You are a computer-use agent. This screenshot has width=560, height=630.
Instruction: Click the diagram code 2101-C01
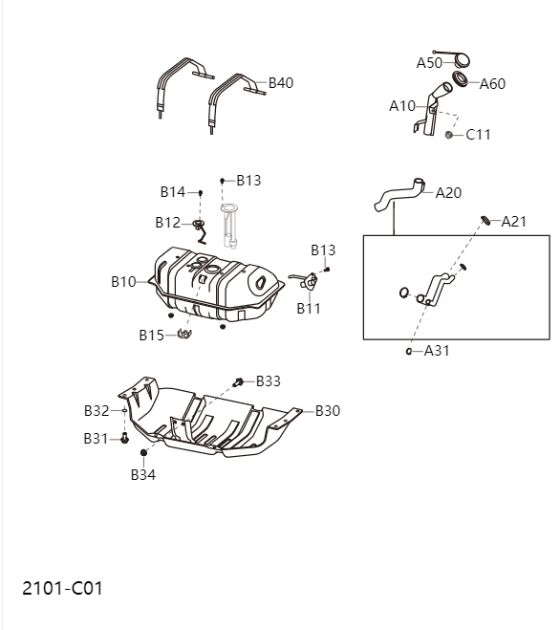[x=62, y=587]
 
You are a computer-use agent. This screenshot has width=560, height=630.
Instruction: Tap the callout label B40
[x=280, y=83]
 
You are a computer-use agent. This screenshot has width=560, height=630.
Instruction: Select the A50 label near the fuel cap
[x=429, y=62]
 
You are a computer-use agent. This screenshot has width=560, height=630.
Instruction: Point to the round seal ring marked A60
[x=461, y=78]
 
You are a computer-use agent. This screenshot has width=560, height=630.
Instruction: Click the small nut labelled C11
[x=448, y=134]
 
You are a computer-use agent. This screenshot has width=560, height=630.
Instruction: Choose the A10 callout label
[x=402, y=106]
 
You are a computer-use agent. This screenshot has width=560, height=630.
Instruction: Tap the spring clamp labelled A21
[x=485, y=221]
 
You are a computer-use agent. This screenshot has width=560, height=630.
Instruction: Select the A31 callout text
[x=437, y=351]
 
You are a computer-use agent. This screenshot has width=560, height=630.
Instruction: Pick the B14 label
[x=173, y=192]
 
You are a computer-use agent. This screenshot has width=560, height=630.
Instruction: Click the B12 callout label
[x=167, y=223]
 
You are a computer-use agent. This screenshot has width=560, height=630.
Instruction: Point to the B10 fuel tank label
[x=123, y=282]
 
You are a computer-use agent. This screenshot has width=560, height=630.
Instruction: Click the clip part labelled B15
[x=184, y=334]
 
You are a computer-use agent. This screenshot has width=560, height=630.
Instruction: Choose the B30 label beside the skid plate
[x=328, y=411]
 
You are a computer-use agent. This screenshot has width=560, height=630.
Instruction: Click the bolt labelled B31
[x=124, y=438]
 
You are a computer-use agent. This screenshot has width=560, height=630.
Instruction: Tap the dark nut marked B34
[x=143, y=452]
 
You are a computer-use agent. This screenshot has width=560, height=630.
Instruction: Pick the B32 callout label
[x=97, y=411]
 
